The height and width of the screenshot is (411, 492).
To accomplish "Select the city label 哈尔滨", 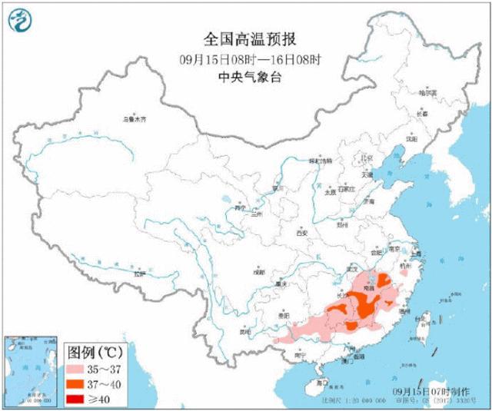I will [x=427, y=92].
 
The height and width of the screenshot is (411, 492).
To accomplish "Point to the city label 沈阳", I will [x=411, y=140].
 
